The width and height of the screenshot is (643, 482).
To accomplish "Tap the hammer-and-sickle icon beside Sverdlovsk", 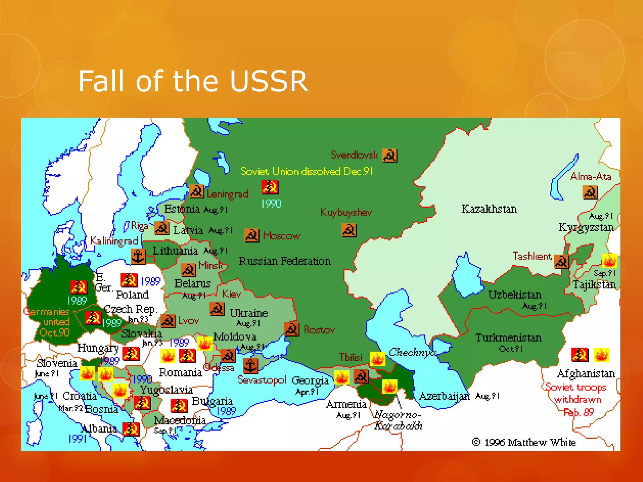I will click(x=390, y=155).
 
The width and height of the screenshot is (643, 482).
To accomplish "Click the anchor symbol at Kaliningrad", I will click(x=138, y=256).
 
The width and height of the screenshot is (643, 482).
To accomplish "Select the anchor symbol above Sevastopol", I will click(x=250, y=366).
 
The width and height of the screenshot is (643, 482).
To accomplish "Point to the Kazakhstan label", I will click(x=489, y=209).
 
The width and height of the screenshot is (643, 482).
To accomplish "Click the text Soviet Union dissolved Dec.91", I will click(x=306, y=171).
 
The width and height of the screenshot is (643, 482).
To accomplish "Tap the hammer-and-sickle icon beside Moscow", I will click(x=252, y=235).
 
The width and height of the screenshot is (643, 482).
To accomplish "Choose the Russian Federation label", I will click(x=284, y=261).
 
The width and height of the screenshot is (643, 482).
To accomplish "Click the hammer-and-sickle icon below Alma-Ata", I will click(x=590, y=192).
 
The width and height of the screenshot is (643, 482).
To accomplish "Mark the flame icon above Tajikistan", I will click(x=609, y=261).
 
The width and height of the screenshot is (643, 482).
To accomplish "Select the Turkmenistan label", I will click(x=508, y=338).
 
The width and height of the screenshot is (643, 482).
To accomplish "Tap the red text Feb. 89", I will click(x=578, y=412).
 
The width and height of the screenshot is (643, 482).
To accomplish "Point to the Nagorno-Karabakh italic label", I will click(x=398, y=420).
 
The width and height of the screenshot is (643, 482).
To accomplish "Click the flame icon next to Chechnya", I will click(x=377, y=359).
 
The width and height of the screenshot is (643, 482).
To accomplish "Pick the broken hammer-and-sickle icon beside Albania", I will click(x=131, y=429).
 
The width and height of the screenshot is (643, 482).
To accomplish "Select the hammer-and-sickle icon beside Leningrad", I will click(x=197, y=191).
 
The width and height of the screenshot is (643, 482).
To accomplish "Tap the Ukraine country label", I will click(x=248, y=313).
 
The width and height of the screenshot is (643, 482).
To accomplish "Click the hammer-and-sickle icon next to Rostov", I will click(x=291, y=329).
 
